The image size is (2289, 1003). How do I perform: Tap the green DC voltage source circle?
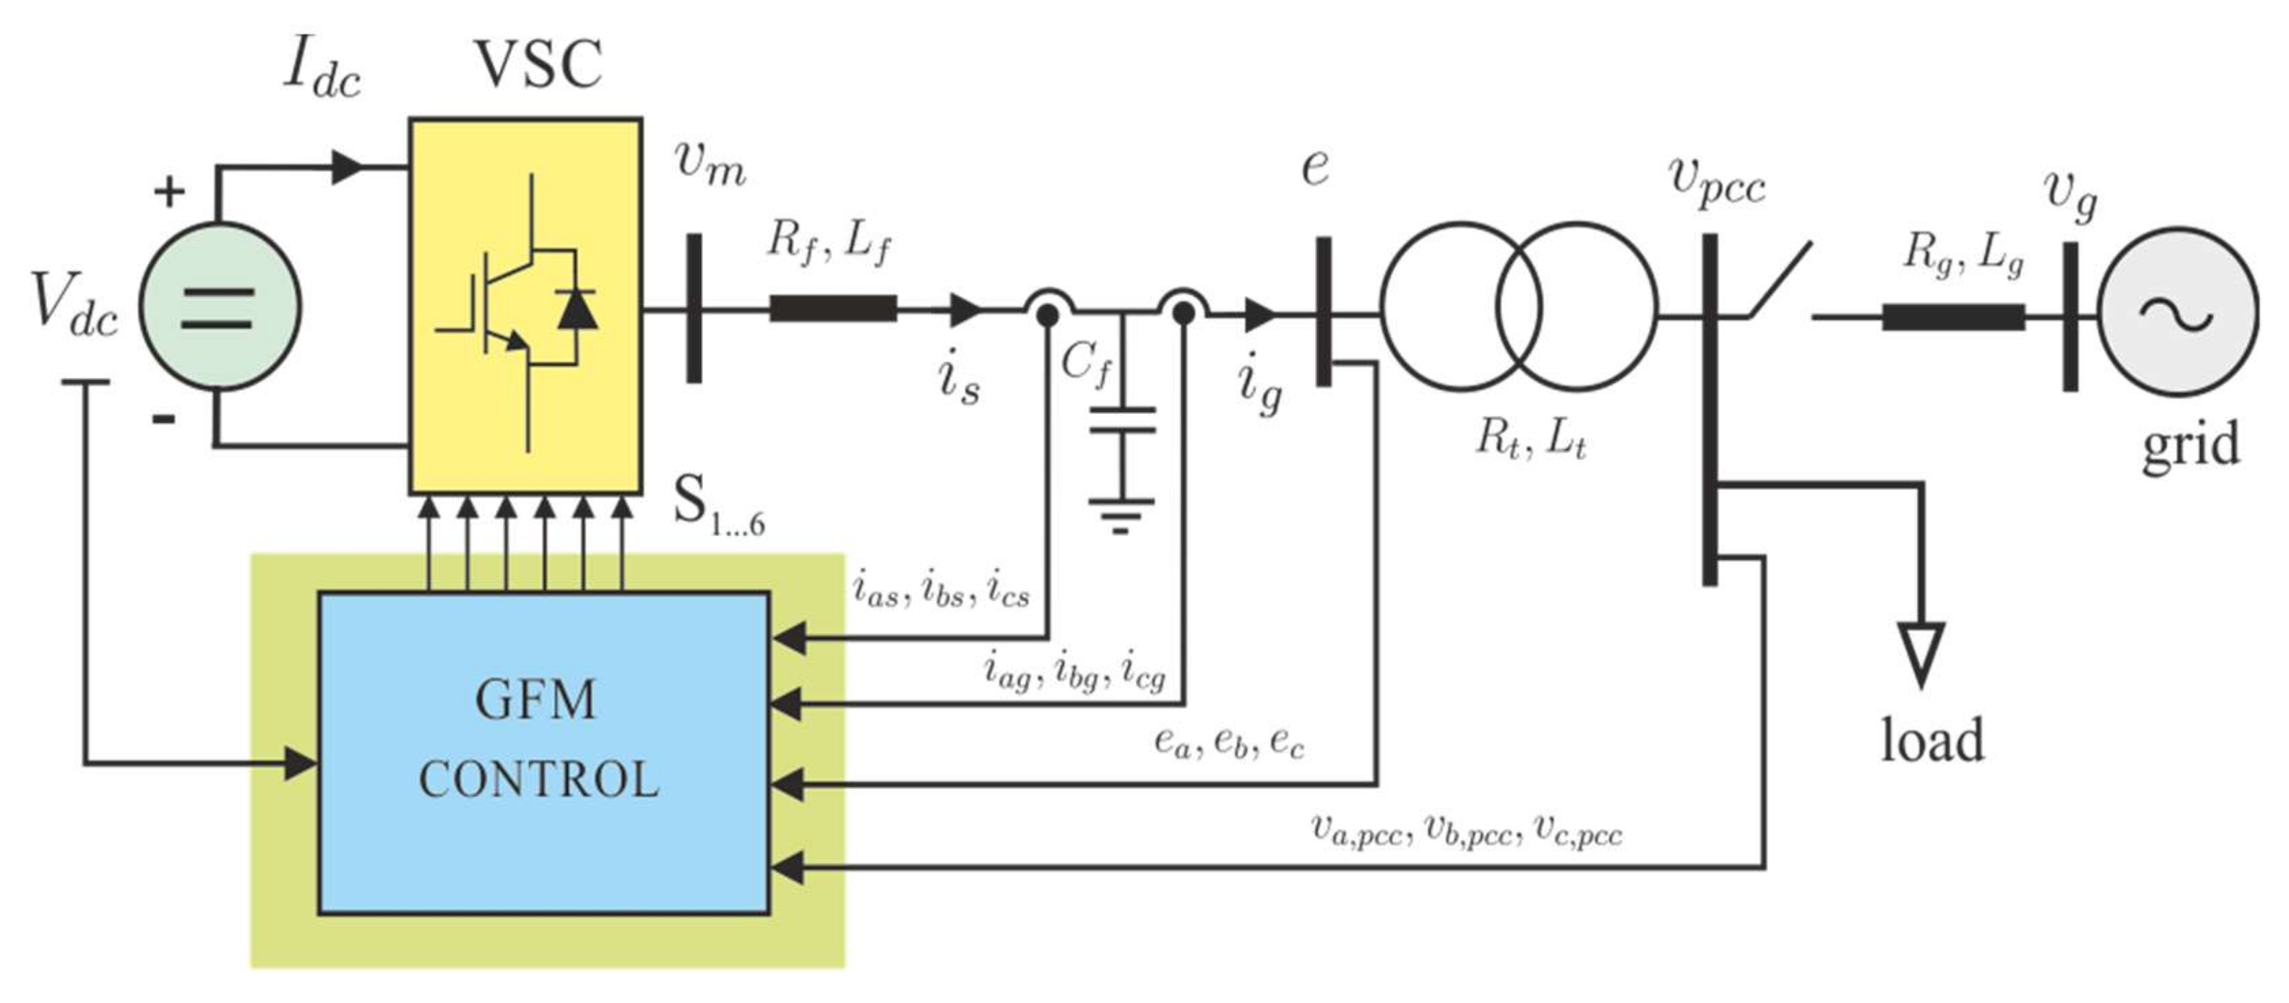pyautogui.click(x=220, y=306)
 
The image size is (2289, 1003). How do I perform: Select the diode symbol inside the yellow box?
pyautogui.click(x=577, y=310)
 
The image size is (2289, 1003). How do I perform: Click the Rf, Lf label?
pyautogui.click(x=828, y=240)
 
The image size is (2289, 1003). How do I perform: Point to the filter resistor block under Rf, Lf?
pyautogui.click(x=832, y=309)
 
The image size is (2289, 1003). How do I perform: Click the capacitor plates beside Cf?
pyautogui.click(x=1122, y=419)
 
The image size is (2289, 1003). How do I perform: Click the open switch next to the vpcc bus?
pyautogui.click(x=1780, y=280)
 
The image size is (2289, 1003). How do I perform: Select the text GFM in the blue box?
pyautogui.click(x=536, y=700)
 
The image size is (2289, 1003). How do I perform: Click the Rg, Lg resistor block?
pyautogui.click(x=1953, y=317)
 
